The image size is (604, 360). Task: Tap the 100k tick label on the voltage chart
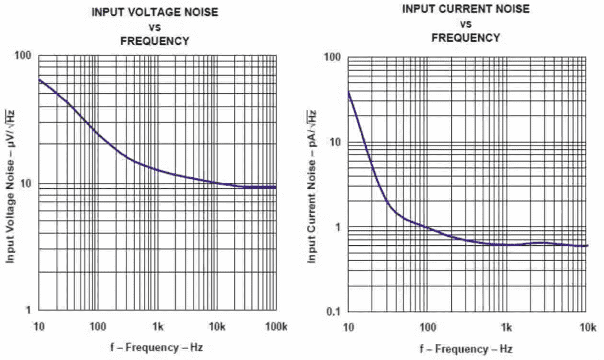276,327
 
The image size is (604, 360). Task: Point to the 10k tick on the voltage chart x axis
217,327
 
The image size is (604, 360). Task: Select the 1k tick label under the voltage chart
157,327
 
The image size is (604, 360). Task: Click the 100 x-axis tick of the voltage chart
98,327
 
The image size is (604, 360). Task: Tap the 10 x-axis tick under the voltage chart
38,327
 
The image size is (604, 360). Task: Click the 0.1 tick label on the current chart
334,312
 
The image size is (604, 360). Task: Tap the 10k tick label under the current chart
588,328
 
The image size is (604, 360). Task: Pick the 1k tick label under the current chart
507,328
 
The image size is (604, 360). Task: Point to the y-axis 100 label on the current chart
333,57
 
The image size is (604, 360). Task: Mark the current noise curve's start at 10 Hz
348,92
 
